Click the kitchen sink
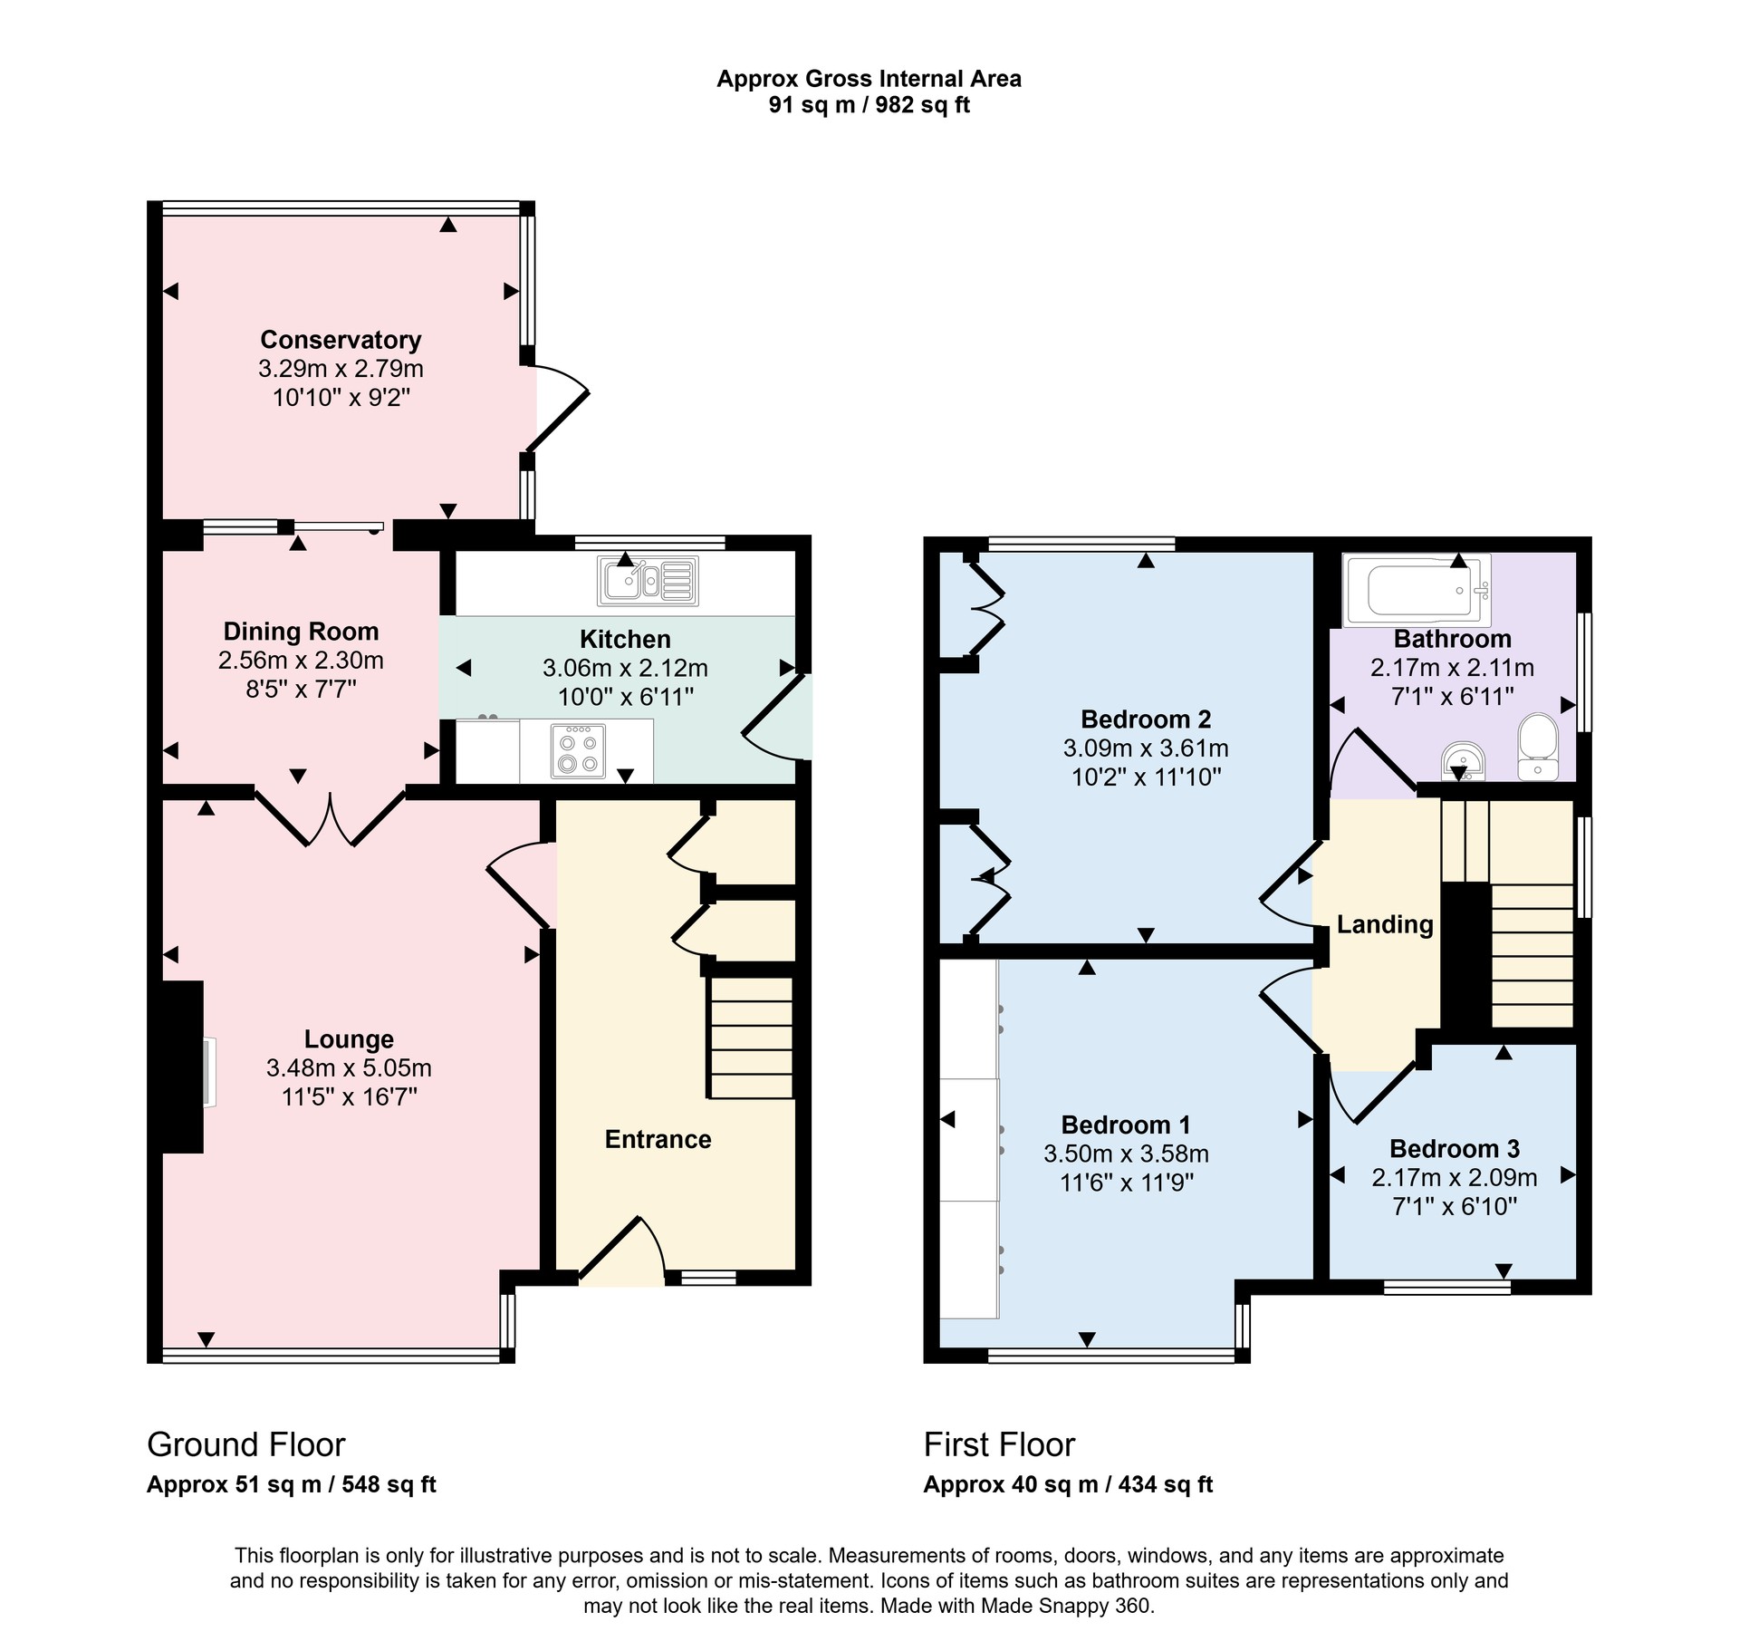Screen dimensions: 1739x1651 click(648, 581)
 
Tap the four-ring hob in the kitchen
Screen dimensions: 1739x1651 click(578, 750)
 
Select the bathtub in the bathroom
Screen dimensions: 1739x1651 click(1417, 591)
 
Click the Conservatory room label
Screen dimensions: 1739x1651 click(341, 340)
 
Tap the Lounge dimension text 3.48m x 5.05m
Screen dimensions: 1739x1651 click(349, 1068)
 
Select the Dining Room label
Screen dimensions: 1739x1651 click(301, 632)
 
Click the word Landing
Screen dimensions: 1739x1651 click(1385, 925)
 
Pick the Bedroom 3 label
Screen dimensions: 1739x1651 click(1455, 1149)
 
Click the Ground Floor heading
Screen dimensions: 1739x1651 click(246, 1444)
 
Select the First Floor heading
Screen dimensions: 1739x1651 click(999, 1444)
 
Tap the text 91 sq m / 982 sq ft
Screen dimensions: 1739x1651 click(869, 105)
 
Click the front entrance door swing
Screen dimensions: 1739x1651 click(622, 1250)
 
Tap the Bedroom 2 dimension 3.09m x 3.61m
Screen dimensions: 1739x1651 click(1146, 748)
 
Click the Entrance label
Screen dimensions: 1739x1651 click(658, 1139)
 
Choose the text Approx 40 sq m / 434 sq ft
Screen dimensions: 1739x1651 click(1068, 1484)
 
